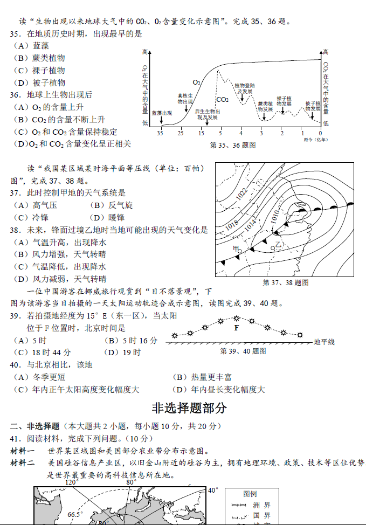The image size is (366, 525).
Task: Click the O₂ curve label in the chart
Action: [x=197, y=82]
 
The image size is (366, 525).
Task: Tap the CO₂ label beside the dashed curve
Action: [x=223, y=99]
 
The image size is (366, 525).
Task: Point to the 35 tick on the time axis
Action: [x=160, y=133]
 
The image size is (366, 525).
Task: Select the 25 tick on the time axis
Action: [x=181, y=133]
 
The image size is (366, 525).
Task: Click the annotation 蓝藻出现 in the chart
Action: [x=162, y=113]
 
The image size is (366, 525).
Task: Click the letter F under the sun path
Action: [x=236, y=327]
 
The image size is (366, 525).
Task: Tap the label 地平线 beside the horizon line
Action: [x=324, y=342]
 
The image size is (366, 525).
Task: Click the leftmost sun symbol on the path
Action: [x=174, y=336]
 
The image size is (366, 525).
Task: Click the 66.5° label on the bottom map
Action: [x=75, y=514]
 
